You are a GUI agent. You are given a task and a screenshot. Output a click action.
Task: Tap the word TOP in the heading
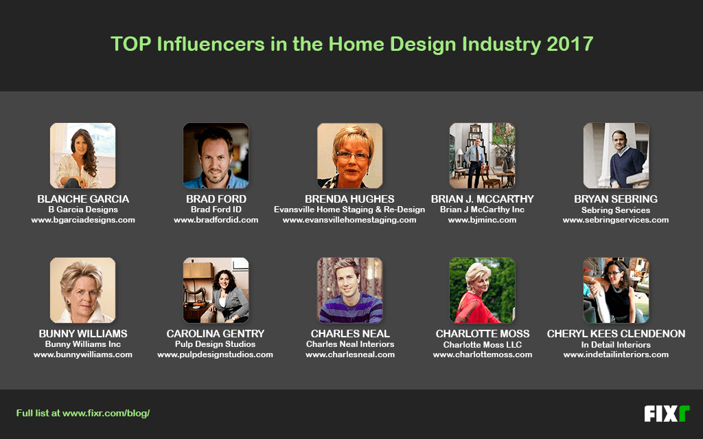point(130,45)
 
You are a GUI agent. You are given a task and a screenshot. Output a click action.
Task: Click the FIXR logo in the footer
point(666,414)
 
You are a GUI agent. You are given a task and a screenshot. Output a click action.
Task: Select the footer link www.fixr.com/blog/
point(106,414)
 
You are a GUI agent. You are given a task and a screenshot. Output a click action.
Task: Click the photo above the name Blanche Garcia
point(82,156)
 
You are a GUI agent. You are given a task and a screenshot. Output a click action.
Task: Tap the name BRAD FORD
point(216,199)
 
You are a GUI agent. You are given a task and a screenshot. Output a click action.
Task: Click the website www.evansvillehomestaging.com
point(349,220)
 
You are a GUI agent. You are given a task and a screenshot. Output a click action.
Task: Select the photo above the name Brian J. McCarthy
point(482,156)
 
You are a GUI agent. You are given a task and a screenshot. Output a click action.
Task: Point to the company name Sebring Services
point(616,210)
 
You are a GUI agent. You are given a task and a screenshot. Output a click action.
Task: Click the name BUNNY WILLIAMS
point(83,334)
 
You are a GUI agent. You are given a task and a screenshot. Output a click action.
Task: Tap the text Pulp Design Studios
point(216,344)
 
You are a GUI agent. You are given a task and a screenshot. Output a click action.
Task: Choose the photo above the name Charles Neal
point(349,290)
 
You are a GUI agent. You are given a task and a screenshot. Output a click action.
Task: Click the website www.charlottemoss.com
point(482,354)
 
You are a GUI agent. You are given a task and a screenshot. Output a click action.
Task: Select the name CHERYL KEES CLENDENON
point(616,334)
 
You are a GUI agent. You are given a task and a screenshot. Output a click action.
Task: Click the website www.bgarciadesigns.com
point(83,220)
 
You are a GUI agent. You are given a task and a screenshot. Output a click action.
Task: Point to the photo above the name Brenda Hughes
point(349,156)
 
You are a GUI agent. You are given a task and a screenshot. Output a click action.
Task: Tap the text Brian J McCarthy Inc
point(482,210)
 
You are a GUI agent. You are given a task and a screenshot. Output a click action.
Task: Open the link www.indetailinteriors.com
point(616,354)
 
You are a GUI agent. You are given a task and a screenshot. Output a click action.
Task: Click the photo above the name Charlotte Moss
point(482,290)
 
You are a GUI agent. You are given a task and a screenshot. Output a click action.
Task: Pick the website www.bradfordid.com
point(216,220)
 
